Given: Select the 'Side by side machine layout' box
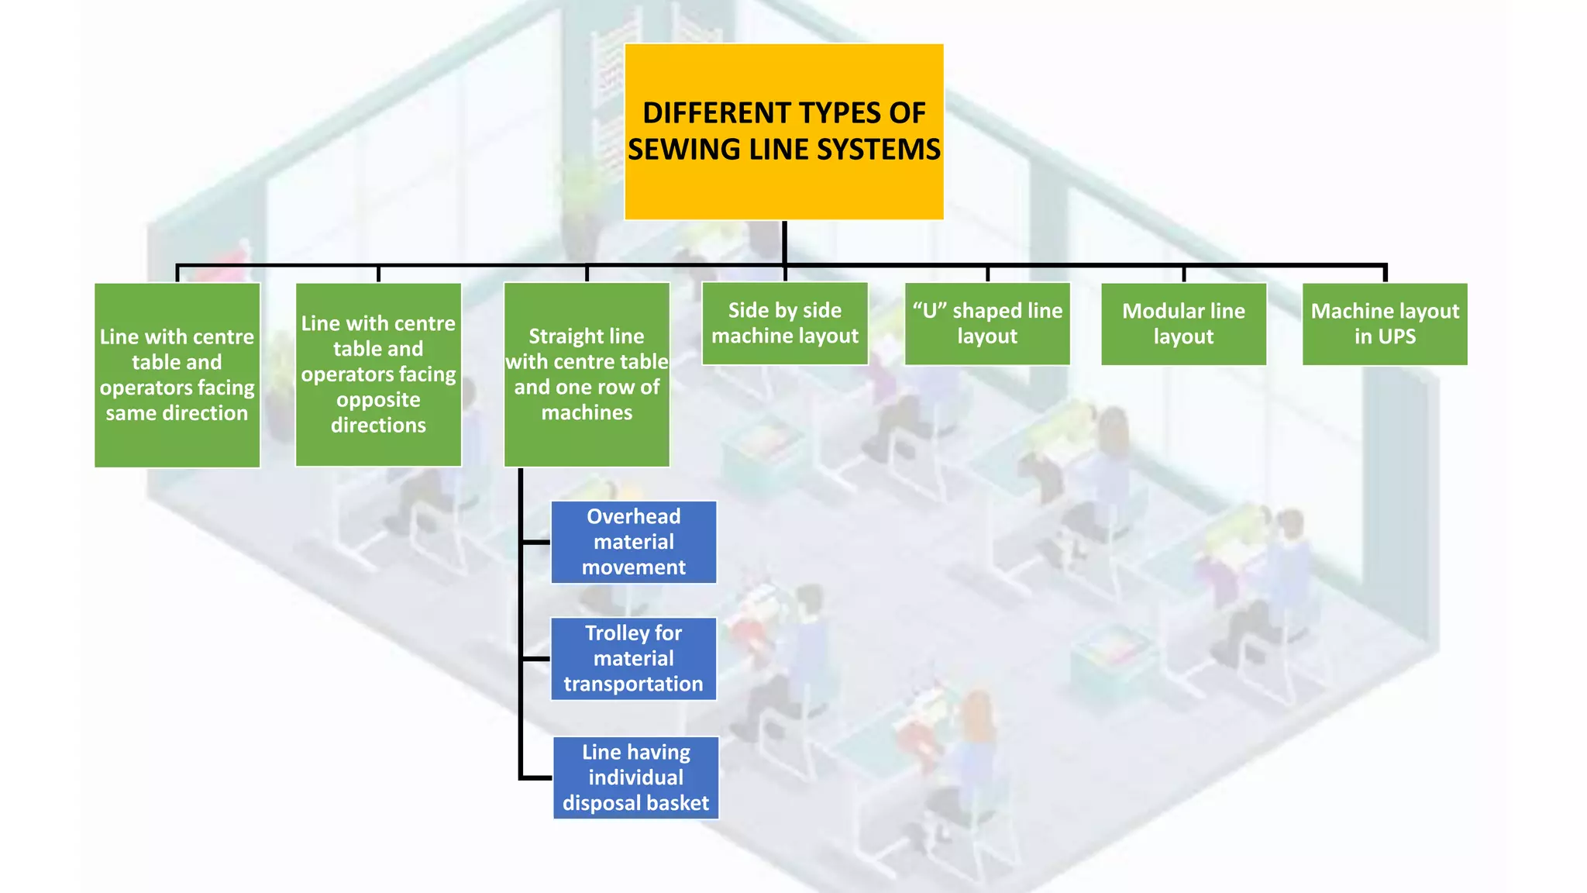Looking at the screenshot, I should pos(784,323).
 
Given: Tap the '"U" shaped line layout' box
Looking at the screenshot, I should pos(986,323).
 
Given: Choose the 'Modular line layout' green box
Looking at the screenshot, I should pos(1183,323).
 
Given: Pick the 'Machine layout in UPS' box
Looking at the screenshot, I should pos(1384,323).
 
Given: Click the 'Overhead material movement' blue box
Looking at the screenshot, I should pos(633,542).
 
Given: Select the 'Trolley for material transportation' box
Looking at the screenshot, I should pos(633,658).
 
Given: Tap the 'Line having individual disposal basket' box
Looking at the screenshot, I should pos(635,777).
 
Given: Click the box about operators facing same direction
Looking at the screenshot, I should pos(177,374).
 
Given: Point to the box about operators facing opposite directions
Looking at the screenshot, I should pos(378,374).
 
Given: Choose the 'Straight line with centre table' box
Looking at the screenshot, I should pos(587,374).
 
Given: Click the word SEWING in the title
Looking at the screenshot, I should pos(685,150).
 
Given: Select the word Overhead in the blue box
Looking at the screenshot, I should pos(633,516).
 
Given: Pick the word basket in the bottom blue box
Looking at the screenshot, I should pos(676,803).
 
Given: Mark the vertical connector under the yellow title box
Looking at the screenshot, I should pos(784,243).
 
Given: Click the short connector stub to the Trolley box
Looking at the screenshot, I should pos(535,659).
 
